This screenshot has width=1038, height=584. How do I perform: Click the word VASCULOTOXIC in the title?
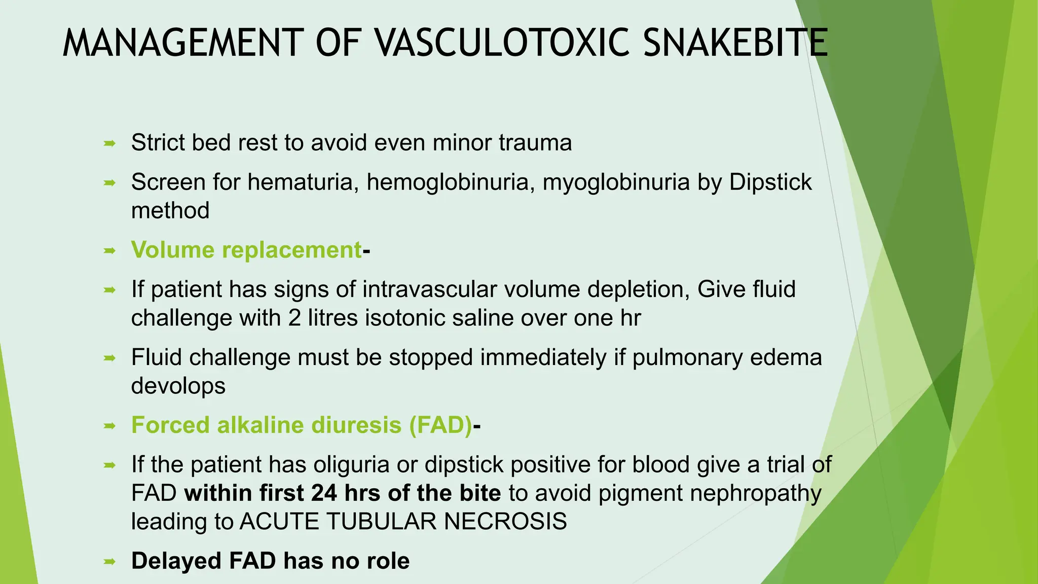tap(502, 43)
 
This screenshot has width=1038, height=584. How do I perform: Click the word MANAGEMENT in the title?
tap(182, 43)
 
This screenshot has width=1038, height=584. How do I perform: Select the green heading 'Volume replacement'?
tap(246, 250)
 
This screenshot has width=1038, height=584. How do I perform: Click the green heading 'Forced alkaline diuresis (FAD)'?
tap(302, 425)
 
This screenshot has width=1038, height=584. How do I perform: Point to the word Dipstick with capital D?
tap(770, 182)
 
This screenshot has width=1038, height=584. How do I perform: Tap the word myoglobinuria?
tap(616, 182)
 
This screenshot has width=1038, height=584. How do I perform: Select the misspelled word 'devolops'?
tap(178, 386)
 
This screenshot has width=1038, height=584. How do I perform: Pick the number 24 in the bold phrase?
tap(324, 493)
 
